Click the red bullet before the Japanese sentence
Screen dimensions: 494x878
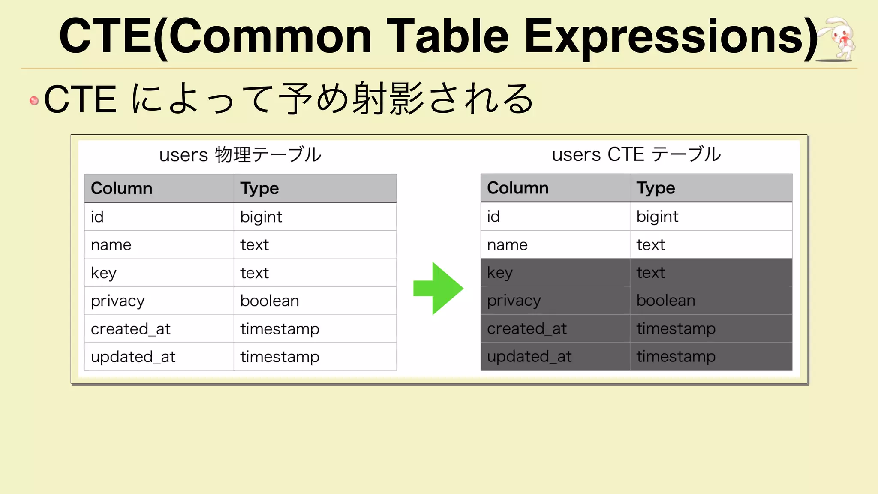click(34, 101)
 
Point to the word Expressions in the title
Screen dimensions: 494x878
click(671, 38)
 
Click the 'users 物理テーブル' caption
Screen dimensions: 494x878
click(240, 155)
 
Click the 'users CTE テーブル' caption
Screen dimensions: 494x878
click(636, 154)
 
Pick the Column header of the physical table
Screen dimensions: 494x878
click(122, 188)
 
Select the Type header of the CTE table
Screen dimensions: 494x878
click(655, 188)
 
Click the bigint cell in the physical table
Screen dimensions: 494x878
click(261, 217)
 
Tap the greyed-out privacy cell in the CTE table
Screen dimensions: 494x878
click(514, 301)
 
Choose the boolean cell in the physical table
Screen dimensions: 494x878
click(269, 301)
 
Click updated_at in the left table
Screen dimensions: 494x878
click(133, 357)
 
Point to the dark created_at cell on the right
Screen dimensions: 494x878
click(527, 329)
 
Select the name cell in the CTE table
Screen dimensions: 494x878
click(507, 245)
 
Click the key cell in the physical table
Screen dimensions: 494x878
click(104, 273)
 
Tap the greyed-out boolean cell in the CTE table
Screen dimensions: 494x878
click(665, 301)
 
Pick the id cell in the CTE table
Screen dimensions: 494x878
click(493, 217)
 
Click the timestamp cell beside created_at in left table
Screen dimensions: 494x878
click(280, 329)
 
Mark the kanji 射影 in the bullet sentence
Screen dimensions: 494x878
click(388, 99)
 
